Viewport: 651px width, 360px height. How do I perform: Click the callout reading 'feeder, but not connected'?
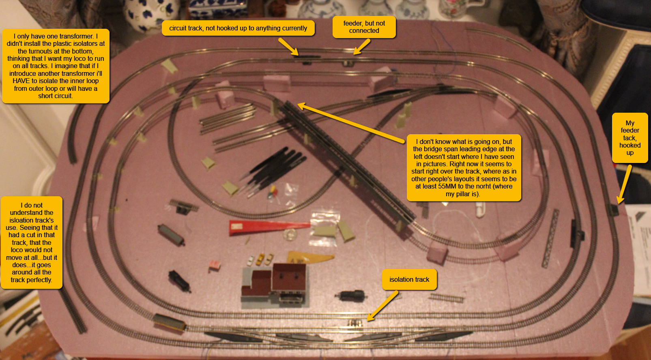coord(364,27)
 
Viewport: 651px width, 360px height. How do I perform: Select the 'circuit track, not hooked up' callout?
coord(238,28)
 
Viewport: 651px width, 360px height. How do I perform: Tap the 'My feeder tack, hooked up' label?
coord(630,138)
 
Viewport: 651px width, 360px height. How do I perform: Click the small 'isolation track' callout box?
coord(409,280)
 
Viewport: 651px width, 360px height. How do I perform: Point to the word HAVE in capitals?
coord(21,81)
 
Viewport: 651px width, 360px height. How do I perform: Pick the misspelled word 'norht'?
coord(481,186)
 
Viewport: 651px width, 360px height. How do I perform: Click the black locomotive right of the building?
coord(351,295)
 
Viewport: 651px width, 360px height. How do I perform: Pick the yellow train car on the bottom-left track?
coord(170,323)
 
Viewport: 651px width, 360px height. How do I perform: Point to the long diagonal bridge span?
coord(347,162)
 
